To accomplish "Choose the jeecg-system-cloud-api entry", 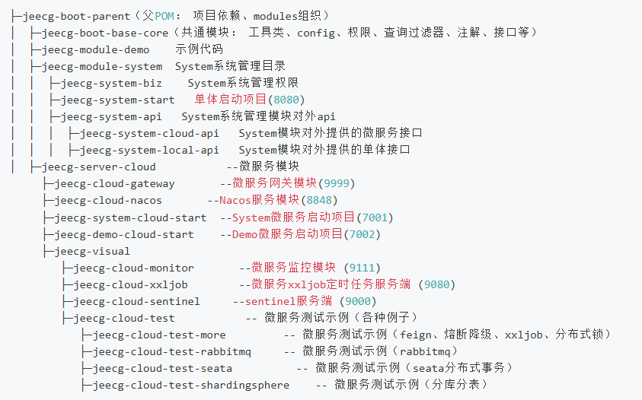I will pyautogui.click(x=149, y=133).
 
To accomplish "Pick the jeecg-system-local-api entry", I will pyautogui.click(x=149, y=150).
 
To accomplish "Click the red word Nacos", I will pyautogui.click(x=235, y=200).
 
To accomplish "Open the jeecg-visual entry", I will pyautogui.click(x=92, y=251).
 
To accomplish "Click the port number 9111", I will pyautogui.click(x=362, y=268).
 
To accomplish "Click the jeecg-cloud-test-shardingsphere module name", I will pyautogui.click(x=191, y=385).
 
